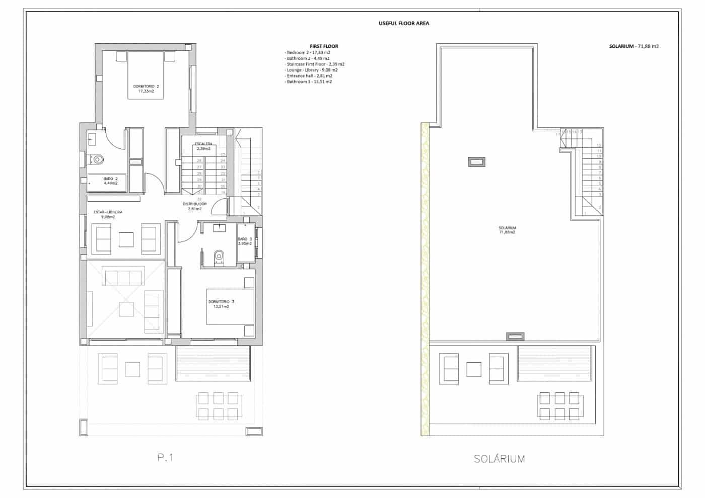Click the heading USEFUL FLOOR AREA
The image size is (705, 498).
[403, 23]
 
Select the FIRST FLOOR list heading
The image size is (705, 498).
[324, 46]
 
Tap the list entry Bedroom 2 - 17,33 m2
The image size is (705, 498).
[308, 52]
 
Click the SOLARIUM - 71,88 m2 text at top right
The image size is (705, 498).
[633, 46]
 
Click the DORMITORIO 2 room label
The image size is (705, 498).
[146, 89]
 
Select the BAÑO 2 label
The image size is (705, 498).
[110, 181]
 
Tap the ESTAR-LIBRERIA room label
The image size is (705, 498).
[108, 215]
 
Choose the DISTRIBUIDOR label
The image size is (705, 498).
[194, 206]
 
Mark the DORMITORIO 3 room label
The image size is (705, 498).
[221, 304]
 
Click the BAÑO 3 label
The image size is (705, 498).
[245, 241]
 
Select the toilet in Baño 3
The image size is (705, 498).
[219, 257]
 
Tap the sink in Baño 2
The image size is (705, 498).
[92, 138]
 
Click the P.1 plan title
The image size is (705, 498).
[165, 457]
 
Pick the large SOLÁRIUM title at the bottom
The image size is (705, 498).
[499, 459]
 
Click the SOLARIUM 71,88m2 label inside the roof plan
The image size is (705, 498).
[507, 230]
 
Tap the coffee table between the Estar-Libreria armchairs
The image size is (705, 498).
[126, 239]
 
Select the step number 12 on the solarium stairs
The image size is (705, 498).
[599, 145]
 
